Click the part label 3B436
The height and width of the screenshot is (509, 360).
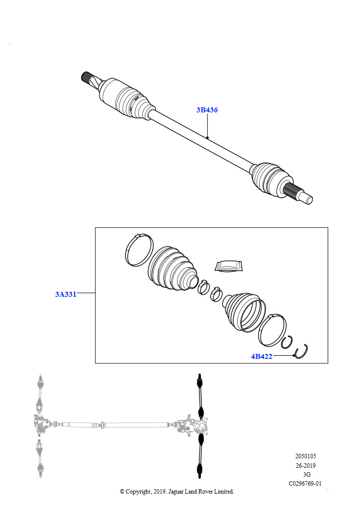[x=207, y=110]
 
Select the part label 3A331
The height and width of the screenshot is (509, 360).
[x=66, y=294]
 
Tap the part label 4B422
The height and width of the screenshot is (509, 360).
[x=261, y=356]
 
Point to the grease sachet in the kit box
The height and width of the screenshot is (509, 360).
[x=228, y=265]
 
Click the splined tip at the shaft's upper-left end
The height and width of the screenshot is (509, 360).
[x=88, y=79]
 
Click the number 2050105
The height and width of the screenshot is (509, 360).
[x=305, y=456]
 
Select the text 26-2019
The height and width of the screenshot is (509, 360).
[x=305, y=465]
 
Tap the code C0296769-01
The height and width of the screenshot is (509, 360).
[x=305, y=483]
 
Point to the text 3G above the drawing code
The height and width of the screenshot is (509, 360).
[x=306, y=474]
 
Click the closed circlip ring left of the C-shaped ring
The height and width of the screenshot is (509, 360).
[x=286, y=342]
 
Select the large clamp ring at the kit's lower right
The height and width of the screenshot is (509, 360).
[x=271, y=330]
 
